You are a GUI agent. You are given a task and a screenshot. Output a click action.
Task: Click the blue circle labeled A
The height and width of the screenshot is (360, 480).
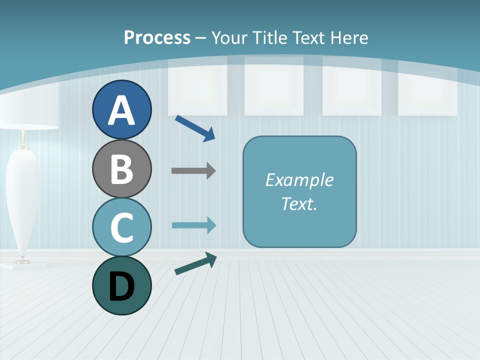[121, 109]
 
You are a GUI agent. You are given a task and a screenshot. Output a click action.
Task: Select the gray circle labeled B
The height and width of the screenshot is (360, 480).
[121, 168]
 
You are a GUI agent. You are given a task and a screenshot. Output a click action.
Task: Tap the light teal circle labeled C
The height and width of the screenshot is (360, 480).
[121, 227]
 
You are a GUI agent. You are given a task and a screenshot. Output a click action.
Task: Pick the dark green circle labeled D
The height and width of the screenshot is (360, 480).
[121, 285]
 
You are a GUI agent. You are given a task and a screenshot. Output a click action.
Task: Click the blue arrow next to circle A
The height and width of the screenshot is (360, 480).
[195, 128]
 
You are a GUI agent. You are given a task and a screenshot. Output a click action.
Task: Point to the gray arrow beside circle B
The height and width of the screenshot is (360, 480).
[193, 171]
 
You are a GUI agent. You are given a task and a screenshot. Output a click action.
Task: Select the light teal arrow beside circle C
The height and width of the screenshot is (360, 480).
[194, 225]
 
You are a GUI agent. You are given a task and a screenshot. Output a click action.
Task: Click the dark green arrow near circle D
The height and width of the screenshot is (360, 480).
[195, 263]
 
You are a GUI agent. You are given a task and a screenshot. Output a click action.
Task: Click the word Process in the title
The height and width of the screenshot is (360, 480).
[157, 37]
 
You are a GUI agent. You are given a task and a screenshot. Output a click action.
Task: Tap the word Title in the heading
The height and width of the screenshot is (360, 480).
[270, 37]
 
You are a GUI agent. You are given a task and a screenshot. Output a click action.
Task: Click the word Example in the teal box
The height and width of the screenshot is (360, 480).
[299, 180]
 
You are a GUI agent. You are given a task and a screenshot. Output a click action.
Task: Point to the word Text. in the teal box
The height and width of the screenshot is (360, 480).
[299, 203]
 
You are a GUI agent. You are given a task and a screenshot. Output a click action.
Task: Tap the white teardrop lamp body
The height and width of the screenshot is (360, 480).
[22, 200]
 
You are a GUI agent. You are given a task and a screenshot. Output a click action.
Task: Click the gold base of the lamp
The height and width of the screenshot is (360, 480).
[22, 260]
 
